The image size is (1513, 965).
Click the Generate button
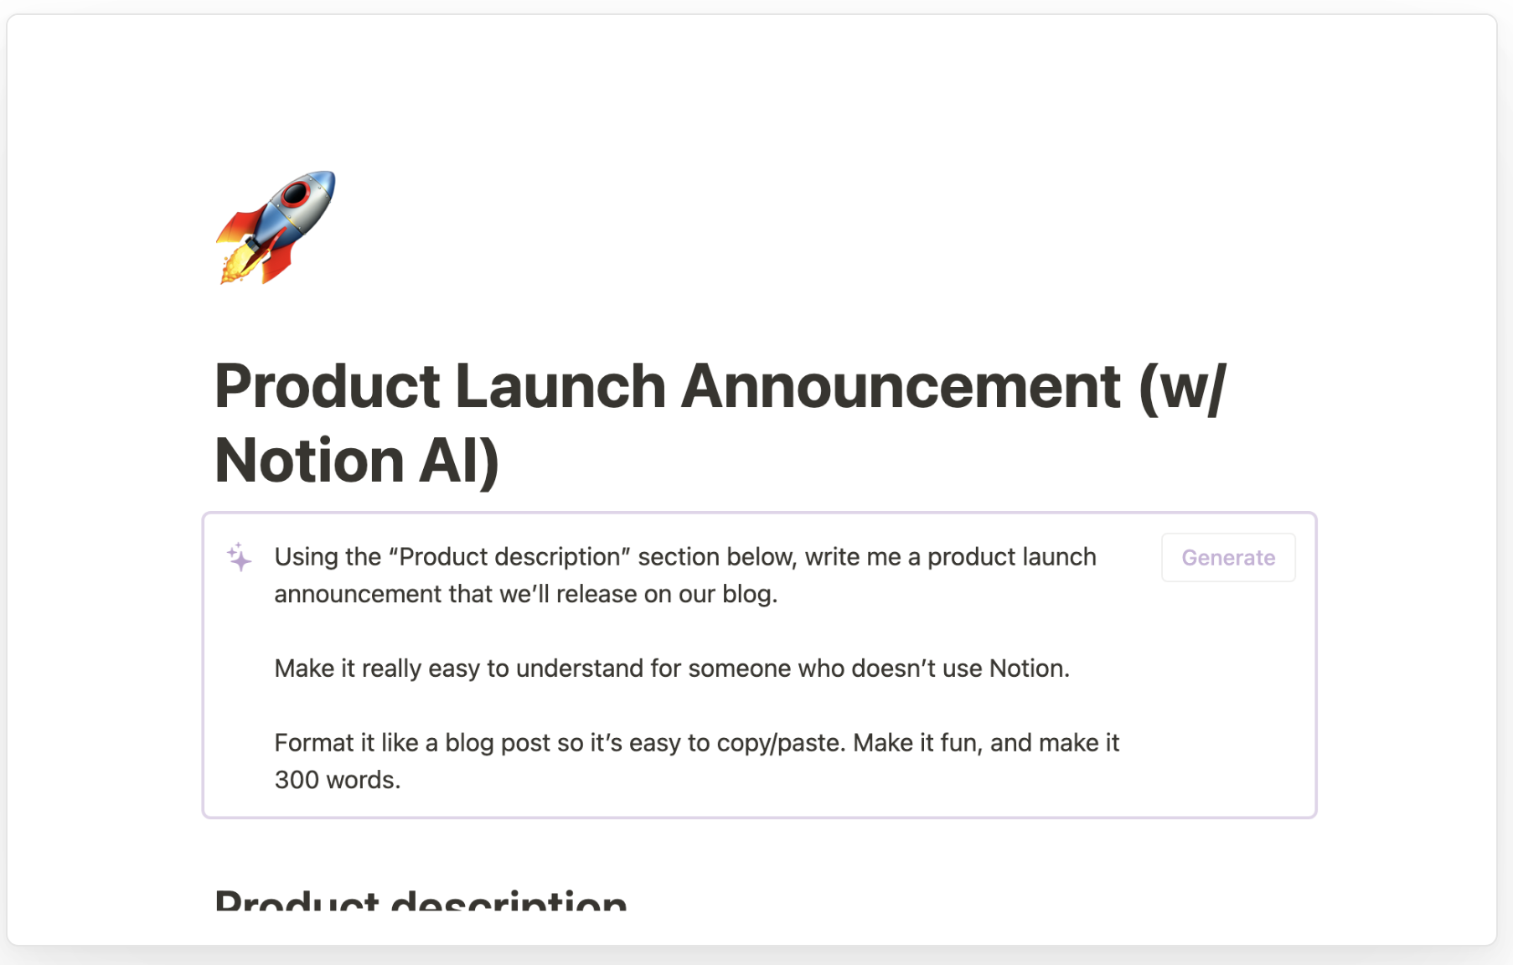[x=1227, y=558]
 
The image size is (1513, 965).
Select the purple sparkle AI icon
[x=240, y=557]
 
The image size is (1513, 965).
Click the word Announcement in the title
[x=901, y=387]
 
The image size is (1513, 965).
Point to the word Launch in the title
[x=560, y=387]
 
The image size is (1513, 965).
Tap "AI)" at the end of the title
[x=459, y=462]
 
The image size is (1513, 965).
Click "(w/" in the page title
[x=1182, y=387]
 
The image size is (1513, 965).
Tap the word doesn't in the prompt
[x=893, y=668]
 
